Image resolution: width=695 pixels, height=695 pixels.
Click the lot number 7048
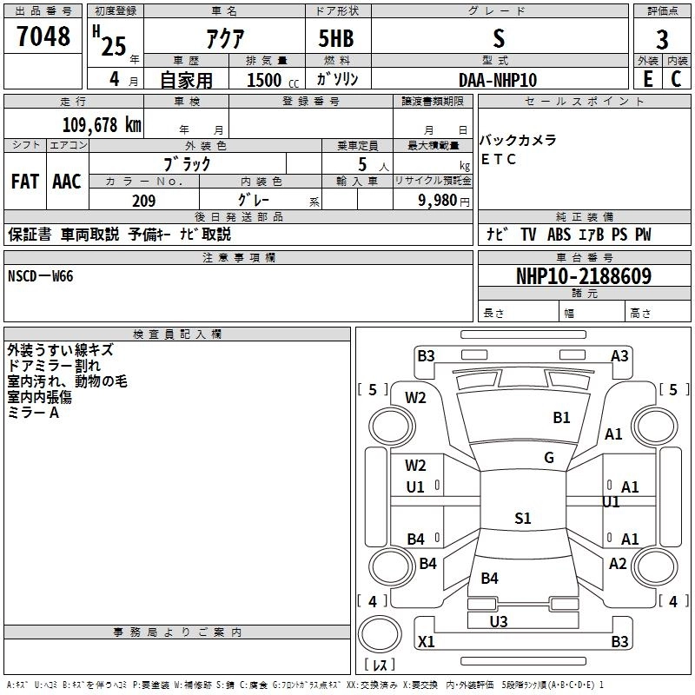click(43, 37)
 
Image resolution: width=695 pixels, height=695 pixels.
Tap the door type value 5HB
click(335, 38)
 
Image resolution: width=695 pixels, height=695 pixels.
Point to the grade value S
click(498, 38)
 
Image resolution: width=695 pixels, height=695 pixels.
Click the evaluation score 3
click(662, 40)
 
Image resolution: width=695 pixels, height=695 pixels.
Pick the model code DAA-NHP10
click(498, 80)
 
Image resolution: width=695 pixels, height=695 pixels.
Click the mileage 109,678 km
click(102, 124)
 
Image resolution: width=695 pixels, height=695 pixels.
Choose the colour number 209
click(143, 201)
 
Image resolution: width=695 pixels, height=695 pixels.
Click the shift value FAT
click(24, 182)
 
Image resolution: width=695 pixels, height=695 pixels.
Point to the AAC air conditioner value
click(67, 182)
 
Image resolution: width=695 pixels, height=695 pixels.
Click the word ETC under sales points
click(499, 159)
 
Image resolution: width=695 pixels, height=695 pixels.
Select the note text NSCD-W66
click(41, 276)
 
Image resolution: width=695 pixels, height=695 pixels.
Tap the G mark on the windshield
click(549, 458)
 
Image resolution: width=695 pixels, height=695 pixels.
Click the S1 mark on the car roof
click(522, 519)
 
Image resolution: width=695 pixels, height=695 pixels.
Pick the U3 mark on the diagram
click(499, 621)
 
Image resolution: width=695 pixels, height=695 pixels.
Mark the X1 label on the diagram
click(427, 642)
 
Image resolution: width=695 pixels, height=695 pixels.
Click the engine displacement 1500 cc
click(266, 80)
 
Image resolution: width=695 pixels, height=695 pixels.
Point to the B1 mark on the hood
click(562, 418)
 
